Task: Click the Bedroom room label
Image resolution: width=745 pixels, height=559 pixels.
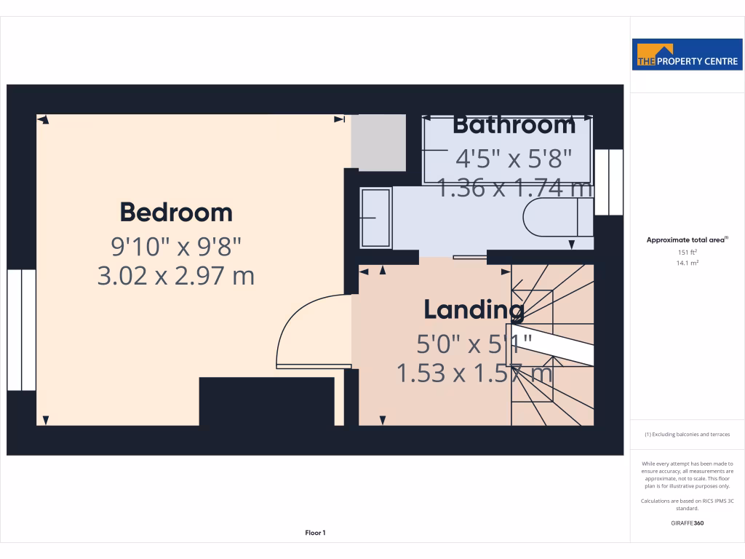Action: [176, 213]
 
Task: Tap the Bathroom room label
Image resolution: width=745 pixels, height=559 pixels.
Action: [514, 125]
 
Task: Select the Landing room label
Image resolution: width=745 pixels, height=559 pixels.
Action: [474, 310]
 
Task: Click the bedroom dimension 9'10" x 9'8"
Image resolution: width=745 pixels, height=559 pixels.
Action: [176, 247]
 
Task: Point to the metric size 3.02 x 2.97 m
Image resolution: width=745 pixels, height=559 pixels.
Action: [176, 276]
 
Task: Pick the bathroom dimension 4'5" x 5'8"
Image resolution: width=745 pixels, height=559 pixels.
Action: [514, 157]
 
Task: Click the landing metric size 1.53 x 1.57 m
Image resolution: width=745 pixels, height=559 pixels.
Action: [474, 374]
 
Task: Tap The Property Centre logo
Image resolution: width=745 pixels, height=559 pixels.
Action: [688, 55]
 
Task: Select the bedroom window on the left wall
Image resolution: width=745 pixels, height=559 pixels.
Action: [22, 330]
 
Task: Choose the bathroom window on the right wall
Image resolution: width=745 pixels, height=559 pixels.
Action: [608, 182]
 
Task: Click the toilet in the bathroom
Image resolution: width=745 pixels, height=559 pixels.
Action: [557, 218]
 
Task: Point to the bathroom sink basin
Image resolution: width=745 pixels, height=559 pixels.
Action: [376, 217]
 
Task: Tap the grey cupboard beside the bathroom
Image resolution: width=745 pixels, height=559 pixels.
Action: [378, 142]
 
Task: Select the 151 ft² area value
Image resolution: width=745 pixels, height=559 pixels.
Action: [688, 252]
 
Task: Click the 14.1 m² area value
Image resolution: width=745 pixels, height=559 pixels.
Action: [688, 263]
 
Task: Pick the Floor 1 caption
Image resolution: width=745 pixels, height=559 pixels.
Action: [315, 533]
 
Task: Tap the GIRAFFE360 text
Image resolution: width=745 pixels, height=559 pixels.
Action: [688, 523]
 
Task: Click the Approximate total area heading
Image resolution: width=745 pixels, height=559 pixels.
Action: [688, 239]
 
